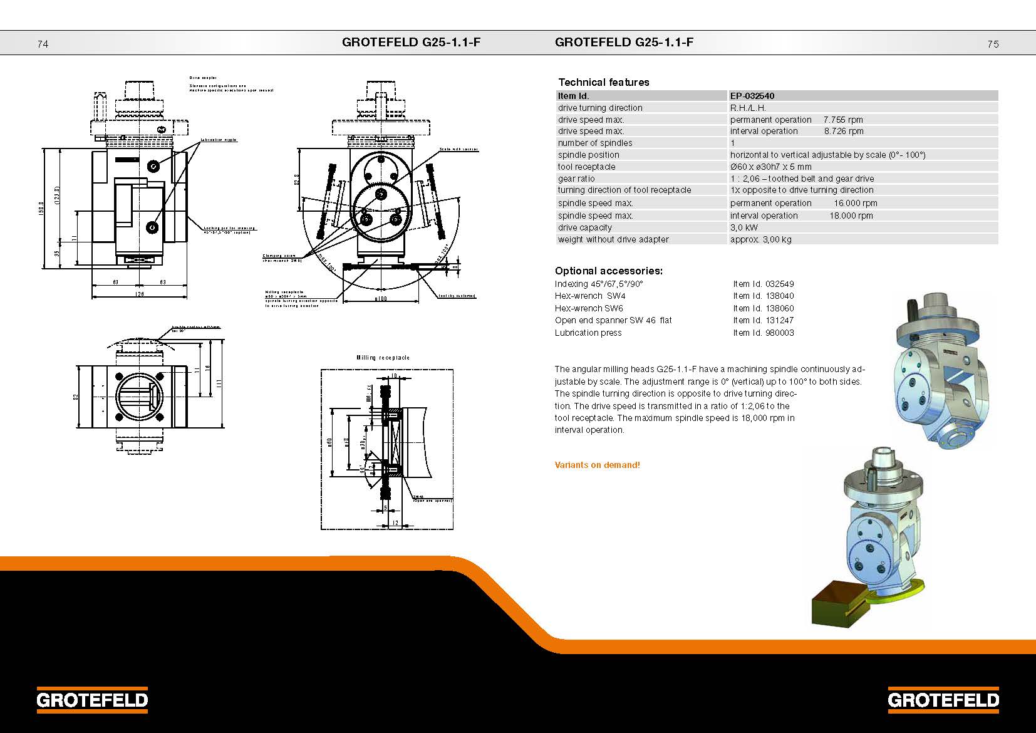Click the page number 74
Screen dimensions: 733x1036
click(x=43, y=44)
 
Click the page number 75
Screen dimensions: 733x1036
click(x=993, y=44)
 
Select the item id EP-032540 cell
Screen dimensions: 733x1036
click(x=752, y=96)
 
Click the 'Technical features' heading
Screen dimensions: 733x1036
click(x=603, y=82)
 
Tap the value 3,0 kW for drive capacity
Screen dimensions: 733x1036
click(x=743, y=227)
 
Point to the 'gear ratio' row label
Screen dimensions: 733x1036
click(x=576, y=179)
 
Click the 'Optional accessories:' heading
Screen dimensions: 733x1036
click(x=608, y=271)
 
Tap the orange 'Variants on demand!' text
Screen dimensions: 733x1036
click(x=597, y=465)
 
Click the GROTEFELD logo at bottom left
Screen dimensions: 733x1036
click(x=92, y=700)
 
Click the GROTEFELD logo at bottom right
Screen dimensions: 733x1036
click(x=943, y=700)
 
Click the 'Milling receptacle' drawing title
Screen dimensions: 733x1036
click(x=383, y=357)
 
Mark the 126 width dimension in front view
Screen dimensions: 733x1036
click(x=139, y=294)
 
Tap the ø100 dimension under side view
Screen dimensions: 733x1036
click(x=380, y=298)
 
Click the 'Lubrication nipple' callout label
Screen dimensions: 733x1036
click(x=219, y=140)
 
